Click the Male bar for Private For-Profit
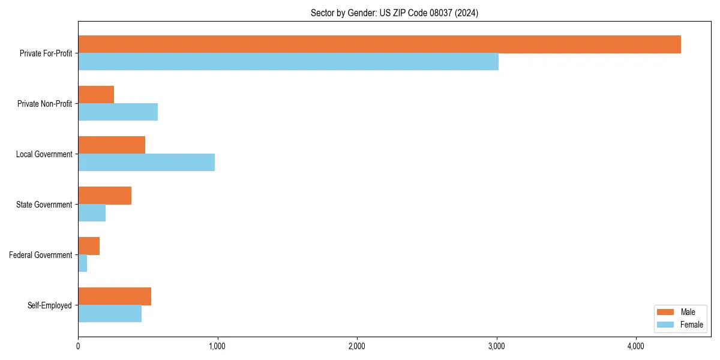tap(379, 44)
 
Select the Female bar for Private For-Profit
tap(288, 62)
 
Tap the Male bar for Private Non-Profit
tap(96, 95)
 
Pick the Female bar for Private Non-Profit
tap(118, 112)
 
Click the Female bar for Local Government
tap(146, 163)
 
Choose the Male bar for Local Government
tap(112, 145)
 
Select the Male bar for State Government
tap(104, 196)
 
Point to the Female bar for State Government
tap(92, 213)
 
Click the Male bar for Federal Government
tap(89, 246)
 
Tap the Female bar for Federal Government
tap(83, 263)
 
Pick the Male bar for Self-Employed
tap(115, 296)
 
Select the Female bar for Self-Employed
tap(110, 314)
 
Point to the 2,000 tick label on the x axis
tap(357, 346)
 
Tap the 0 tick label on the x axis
tap(78, 346)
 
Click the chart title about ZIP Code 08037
tap(394, 13)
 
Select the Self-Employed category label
tap(50, 305)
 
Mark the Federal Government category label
tap(41, 255)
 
